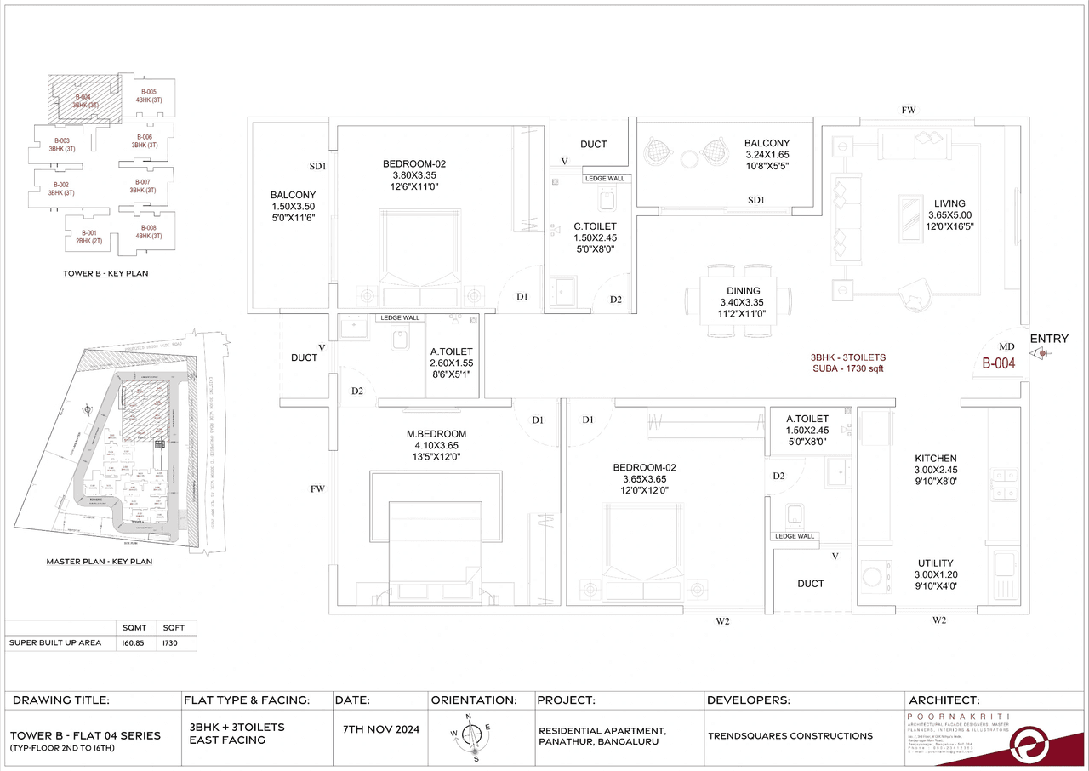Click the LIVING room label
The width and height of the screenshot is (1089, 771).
tap(949, 203)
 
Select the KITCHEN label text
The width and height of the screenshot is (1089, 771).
tap(936, 458)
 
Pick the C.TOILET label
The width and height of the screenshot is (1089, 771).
tap(594, 226)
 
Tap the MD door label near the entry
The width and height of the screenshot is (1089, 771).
tap(1006, 347)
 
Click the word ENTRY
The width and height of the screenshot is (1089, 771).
tap(1049, 339)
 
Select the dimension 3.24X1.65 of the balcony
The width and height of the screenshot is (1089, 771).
tap(767, 156)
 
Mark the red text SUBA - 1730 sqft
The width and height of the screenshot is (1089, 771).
tap(851, 370)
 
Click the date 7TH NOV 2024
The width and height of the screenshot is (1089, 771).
tap(381, 730)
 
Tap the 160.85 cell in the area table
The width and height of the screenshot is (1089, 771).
tap(134, 642)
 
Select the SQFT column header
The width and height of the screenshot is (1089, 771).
tap(174, 627)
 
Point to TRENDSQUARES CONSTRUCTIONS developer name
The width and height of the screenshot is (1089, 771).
tap(790, 735)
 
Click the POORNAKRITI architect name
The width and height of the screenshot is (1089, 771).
tap(953, 717)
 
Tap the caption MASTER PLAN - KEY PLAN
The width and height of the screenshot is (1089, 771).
tap(100, 562)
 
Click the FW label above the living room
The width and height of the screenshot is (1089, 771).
tap(909, 110)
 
